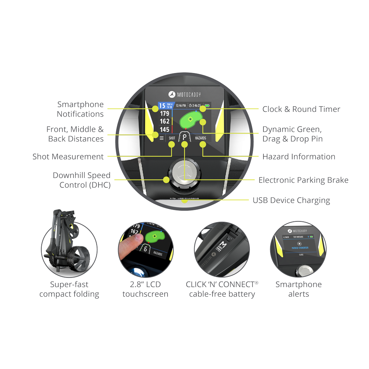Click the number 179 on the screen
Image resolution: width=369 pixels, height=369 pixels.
point(165,114)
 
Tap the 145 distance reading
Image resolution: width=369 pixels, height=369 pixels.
point(165,130)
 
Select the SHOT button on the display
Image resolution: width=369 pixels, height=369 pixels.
point(172,138)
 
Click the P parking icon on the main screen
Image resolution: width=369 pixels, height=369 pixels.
point(184,138)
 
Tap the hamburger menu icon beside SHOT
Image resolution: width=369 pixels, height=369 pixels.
point(161,138)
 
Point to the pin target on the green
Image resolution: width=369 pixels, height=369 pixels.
point(190,119)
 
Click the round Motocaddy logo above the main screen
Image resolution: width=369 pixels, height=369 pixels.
point(171,94)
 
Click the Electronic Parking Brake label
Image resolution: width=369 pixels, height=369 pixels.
point(303,180)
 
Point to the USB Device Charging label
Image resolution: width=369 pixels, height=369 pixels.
point(291,200)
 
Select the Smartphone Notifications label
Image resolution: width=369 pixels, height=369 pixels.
point(80,109)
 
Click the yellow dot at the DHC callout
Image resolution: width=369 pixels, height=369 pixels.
point(166,180)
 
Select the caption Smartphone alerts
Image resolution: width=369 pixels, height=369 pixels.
point(299,289)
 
